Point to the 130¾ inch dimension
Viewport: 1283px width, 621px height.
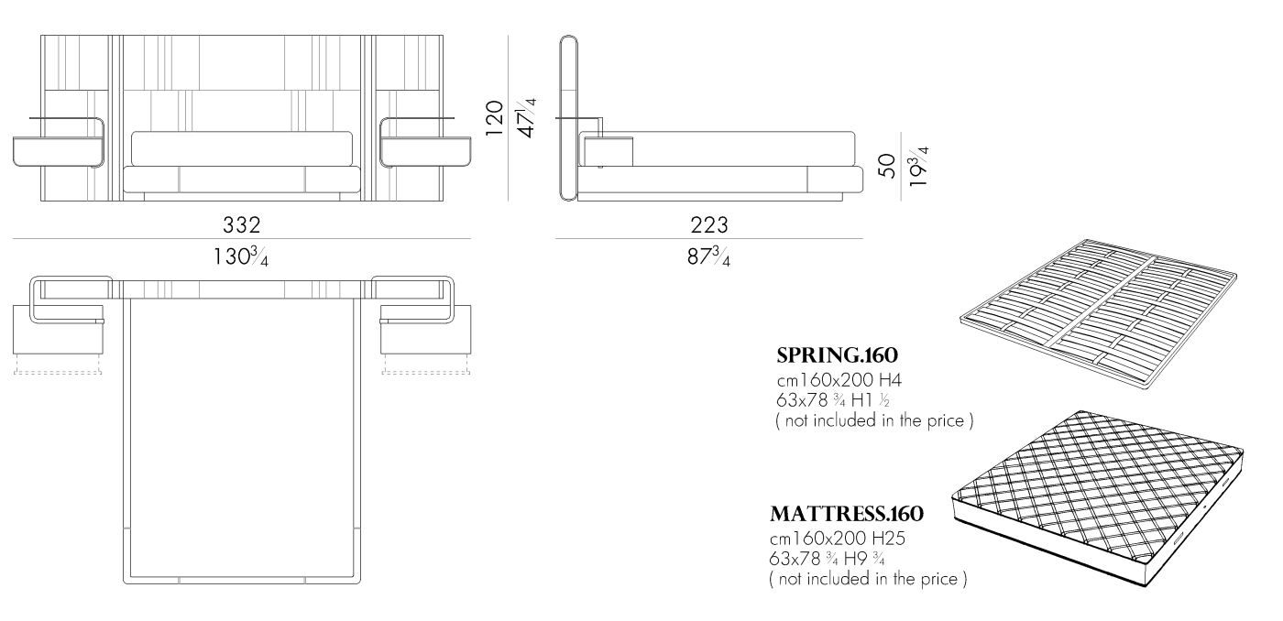pos(241,256)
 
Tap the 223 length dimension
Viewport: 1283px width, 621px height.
pos(709,224)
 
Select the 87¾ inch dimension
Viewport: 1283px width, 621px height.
pos(709,256)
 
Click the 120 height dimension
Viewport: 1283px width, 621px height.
pos(494,118)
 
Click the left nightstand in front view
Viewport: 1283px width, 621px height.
pos(59,150)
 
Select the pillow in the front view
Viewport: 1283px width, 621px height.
pos(242,147)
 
